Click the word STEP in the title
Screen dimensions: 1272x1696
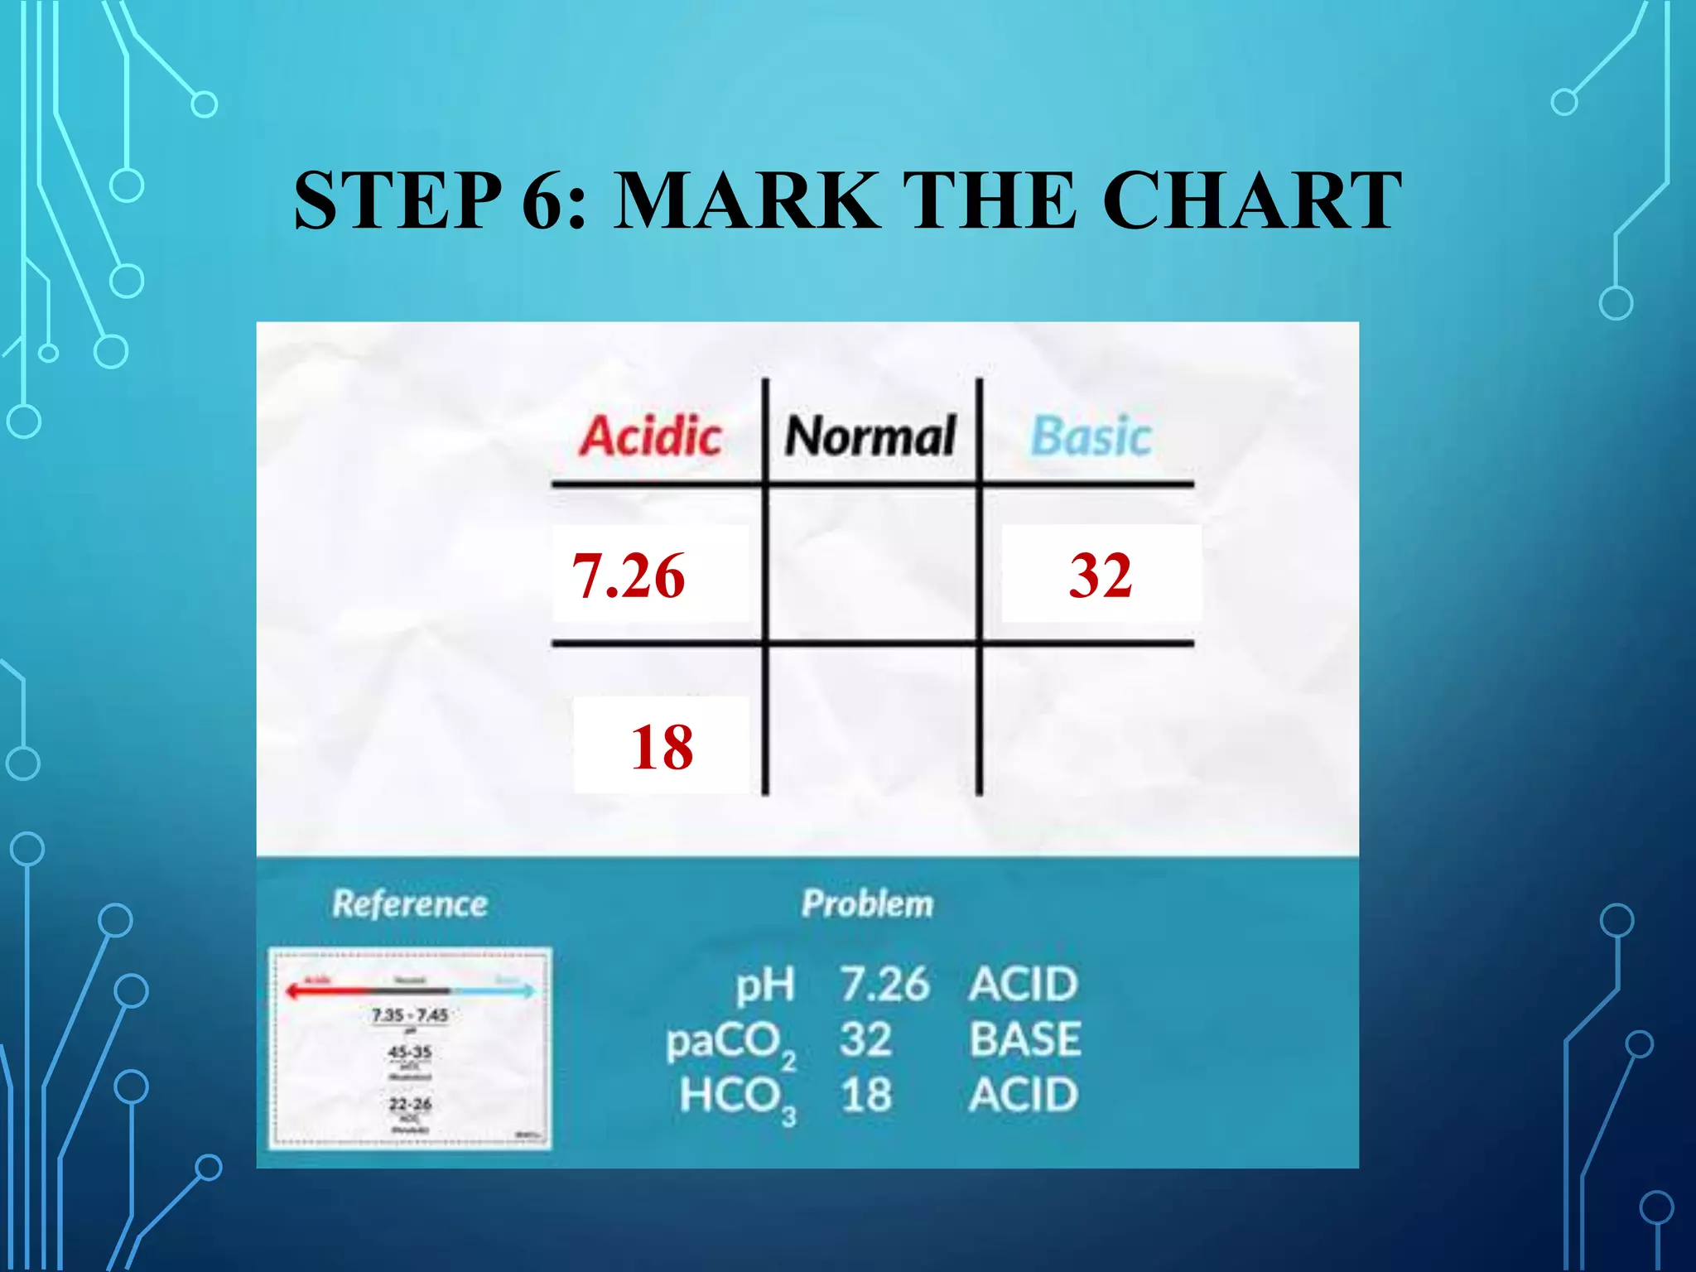click(x=397, y=200)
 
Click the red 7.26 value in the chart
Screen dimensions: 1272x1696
click(x=629, y=575)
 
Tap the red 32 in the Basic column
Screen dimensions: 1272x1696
click(x=1100, y=575)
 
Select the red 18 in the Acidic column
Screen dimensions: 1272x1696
click(x=662, y=747)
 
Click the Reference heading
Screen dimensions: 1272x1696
click(x=410, y=903)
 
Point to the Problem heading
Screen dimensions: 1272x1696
click(x=867, y=903)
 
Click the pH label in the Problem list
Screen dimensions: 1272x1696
click(x=765, y=985)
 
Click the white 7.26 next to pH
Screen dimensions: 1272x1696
click(x=884, y=985)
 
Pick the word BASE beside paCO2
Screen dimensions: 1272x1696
click(x=1025, y=1039)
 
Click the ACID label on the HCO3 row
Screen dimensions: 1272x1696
click(x=1024, y=1095)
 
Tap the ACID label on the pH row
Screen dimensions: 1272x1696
click(x=1024, y=985)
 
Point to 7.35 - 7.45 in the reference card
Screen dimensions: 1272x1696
click(x=410, y=1014)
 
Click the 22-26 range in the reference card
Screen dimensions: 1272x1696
click(x=410, y=1104)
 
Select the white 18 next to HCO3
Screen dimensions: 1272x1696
click(x=866, y=1095)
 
